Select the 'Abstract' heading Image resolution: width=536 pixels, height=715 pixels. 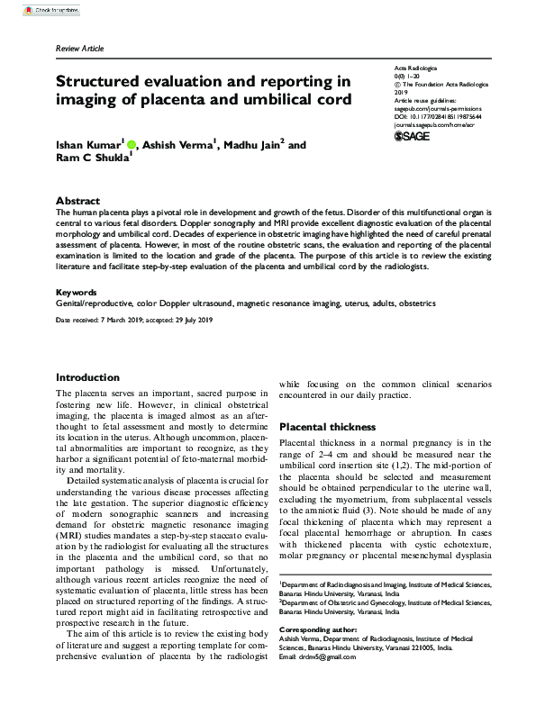(77, 201)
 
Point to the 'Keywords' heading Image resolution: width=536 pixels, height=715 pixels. (78, 293)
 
